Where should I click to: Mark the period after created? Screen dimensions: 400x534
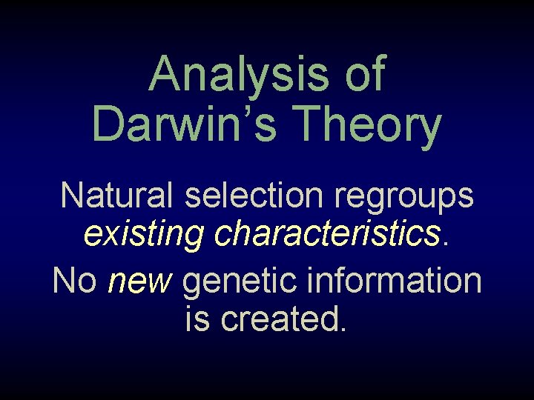[342, 329]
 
